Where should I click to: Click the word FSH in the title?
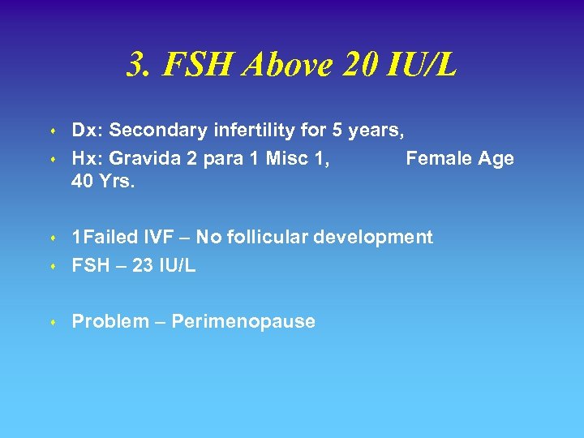194,66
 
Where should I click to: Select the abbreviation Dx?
88,130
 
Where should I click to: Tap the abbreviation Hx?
88,158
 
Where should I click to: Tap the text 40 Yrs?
103,182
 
